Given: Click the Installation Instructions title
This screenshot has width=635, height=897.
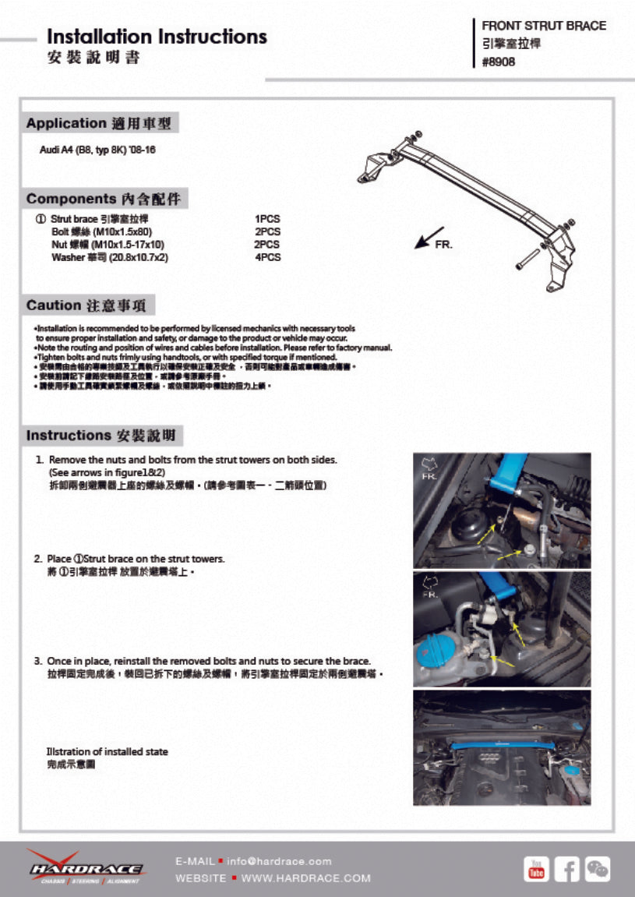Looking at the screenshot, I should pyautogui.click(x=157, y=37).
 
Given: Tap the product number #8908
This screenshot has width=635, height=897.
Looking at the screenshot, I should pyautogui.click(x=499, y=62).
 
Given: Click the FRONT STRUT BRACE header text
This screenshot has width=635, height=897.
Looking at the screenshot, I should pyautogui.click(x=544, y=26).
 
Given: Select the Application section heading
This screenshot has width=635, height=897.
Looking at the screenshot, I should pyautogui.click(x=101, y=123).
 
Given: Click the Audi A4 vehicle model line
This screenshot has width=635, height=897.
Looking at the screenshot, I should pyautogui.click(x=97, y=149).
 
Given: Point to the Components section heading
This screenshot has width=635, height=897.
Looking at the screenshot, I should pyautogui.click(x=106, y=199).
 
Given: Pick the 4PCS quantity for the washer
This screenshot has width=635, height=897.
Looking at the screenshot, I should pyautogui.click(x=267, y=257).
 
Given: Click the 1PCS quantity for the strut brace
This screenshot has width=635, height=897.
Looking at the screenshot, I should pyautogui.click(x=267, y=220).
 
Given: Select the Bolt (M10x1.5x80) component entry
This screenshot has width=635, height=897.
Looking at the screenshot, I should pyautogui.click(x=101, y=232).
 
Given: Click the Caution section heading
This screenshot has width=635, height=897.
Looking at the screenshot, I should pyautogui.click(x=90, y=305).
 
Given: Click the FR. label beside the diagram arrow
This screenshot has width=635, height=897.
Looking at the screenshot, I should pyautogui.click(x=443, y=245).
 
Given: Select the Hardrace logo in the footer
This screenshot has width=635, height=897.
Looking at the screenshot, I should pyautogui.click(x=85, y=867).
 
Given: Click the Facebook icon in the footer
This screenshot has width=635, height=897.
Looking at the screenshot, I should pyautogui.click(x=566, y=868).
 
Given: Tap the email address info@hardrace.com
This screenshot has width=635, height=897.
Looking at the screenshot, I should pyautogui.click(x=279, y=861).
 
